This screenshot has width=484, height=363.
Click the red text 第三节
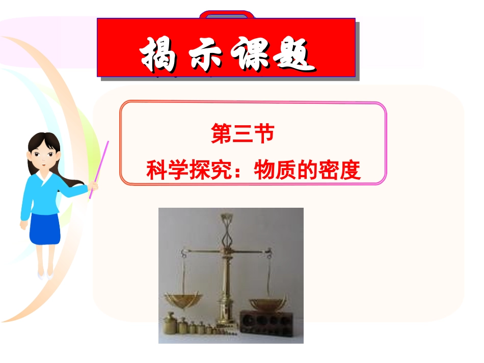coord(243,135)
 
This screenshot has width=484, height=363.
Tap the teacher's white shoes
coord(45,275)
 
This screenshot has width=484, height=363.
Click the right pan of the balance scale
coord(266,304)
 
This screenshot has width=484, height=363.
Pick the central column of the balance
coord(224,275)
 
